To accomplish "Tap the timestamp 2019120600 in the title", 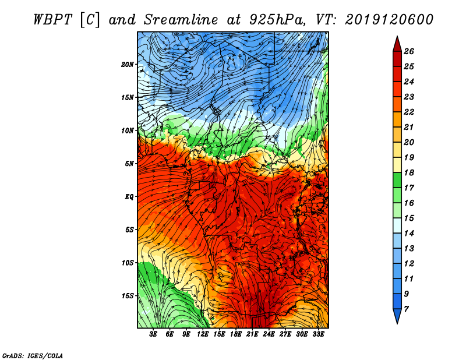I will point(390,19).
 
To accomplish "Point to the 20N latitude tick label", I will point(128,64).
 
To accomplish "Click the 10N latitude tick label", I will point(128,130).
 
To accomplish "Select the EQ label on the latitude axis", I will point(129,196).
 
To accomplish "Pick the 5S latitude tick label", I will point(129,230).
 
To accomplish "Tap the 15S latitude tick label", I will point(128,295).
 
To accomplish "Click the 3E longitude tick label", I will point(154,334).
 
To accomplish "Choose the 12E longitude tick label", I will point(203,334).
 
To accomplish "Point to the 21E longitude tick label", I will point(252,334).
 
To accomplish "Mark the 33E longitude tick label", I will point(318,334).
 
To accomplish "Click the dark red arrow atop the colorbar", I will point(397,43).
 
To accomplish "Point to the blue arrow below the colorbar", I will point(397,317).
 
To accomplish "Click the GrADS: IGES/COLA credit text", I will point(33,355).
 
